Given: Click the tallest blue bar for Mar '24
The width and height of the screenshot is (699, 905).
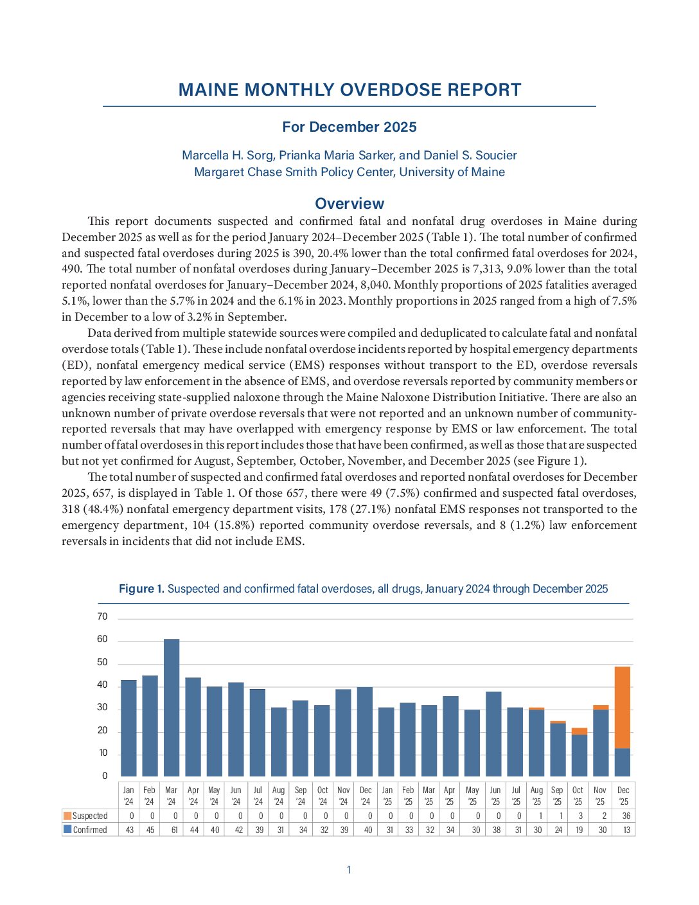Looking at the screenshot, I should (172, 707).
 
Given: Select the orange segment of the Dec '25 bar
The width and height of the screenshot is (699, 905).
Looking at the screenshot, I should (623, 707).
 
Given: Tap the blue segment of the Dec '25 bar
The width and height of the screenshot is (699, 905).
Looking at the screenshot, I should (623, 762).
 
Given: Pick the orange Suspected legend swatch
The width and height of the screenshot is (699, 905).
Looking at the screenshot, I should (67, 816).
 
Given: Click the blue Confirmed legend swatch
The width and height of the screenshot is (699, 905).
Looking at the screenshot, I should (67, 830).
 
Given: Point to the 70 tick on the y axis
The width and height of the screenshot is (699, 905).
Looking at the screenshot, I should (103, 617).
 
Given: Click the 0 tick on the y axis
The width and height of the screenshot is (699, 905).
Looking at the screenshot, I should (105, 776).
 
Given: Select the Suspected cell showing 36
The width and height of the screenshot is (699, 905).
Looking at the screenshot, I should (626, 816).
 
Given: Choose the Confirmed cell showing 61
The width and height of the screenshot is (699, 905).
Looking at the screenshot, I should (172, 830).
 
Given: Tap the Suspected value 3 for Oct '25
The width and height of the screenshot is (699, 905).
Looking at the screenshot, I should (580, 816).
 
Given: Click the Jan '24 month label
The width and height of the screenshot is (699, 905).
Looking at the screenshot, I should (128, 796).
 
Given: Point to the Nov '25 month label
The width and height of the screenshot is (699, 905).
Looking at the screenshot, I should (600, 796).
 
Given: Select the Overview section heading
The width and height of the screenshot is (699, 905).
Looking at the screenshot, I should (349, 204).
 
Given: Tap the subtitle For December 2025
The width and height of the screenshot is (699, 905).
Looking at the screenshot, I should (349, 127).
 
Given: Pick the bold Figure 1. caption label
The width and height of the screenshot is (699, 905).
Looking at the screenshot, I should (141, 589).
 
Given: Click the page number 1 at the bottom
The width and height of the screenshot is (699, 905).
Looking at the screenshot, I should (349, 870).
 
